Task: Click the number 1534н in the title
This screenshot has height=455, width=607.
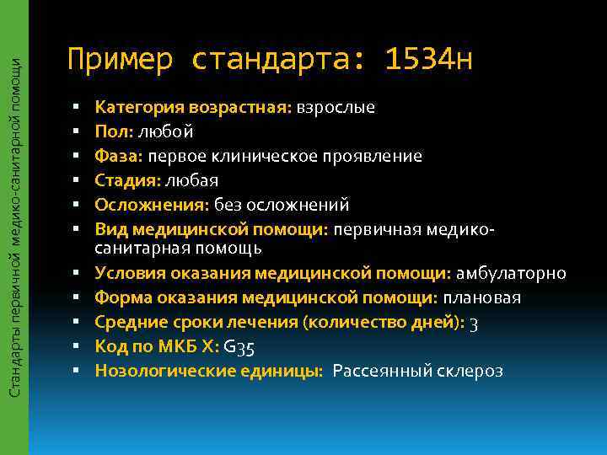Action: click(x=427, y=60)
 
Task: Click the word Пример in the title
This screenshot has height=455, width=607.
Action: click(x=120, y=60)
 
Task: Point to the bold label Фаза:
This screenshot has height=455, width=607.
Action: click(x=120, y=157)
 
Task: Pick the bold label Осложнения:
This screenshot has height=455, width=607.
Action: click(x=152, y=206)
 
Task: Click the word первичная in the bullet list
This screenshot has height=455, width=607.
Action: click(x=379, y=229)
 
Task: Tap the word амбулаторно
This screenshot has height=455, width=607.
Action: click(x=511, y=274)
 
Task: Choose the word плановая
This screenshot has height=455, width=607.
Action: click(x=482, y=298)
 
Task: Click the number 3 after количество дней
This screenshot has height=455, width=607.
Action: click(x=474, y=324)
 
